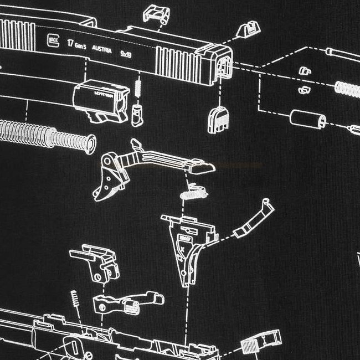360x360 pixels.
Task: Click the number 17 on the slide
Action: (x=70, y=42)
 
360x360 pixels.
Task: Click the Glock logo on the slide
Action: (x=53, y=39)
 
